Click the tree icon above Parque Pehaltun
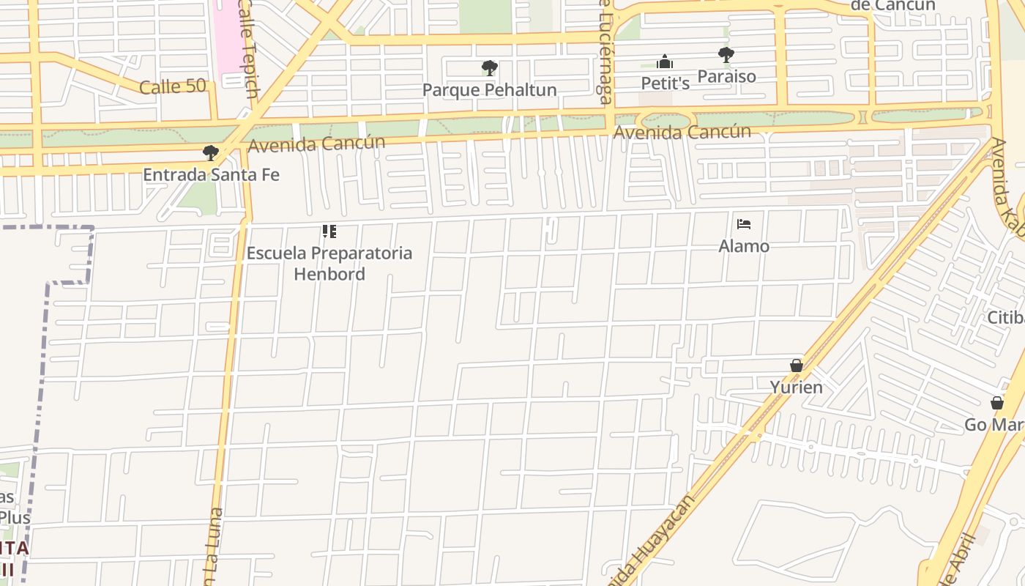point(490,68)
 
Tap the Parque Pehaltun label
point(490,90)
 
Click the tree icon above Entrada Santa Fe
point(211,153)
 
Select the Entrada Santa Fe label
point(211,175)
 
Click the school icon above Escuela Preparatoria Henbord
point(329,231)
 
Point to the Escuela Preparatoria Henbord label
point(329,264)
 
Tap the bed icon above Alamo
point(744,224)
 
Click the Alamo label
point(744,246)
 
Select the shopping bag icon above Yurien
point(797,366)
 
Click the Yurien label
point(797,387)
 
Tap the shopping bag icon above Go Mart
point(996,403)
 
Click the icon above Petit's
point(665,62)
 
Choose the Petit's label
point(666,84)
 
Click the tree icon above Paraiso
point(726,54)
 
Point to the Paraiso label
point(726,76)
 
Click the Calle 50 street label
point(173,86)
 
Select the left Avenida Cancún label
point(316,144)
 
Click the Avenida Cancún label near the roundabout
point(682,133)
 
